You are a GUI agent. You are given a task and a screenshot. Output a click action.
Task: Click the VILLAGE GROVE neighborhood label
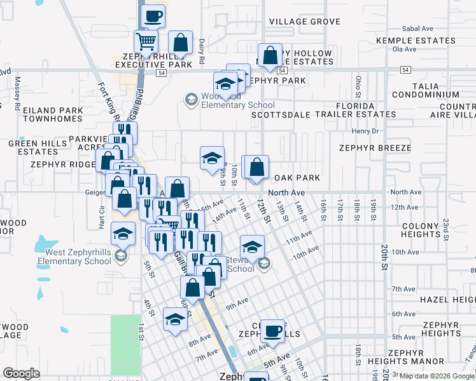click(x=305, y=22)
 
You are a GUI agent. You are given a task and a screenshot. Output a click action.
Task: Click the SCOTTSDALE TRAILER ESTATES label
click(x=323, y=115)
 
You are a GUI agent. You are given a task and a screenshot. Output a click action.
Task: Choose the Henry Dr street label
click(x=366, y=131)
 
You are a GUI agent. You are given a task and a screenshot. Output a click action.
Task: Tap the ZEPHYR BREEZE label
click(x=375, y=148)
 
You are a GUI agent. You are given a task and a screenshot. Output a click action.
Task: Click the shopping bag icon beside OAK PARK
click(x=257, y=168)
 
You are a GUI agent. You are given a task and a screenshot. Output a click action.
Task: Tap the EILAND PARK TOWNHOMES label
click(x=53, y=114)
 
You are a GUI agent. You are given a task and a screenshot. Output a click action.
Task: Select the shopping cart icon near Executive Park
click(x=146, y=43)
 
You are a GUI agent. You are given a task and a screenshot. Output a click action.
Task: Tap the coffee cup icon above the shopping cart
click(x=153, y=16)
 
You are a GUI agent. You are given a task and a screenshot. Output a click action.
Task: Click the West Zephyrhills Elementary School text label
click(x=74, y=256)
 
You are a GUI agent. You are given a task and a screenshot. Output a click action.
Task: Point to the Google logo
click(x=21, y=373)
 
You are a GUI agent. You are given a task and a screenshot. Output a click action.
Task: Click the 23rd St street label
click(x=447, y=226)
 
